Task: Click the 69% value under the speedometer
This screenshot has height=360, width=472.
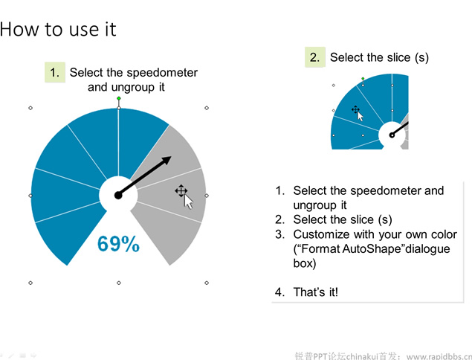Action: [x=118, y=243]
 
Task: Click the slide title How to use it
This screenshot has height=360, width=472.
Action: [x=58, y=29]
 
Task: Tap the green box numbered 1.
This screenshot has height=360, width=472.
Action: [x=55, y=72]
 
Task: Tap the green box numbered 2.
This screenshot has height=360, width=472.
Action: [x=315, y=57]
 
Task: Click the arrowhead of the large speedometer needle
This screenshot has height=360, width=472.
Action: [x=167, y=160]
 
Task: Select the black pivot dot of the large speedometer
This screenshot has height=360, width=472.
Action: [x=118, y=196]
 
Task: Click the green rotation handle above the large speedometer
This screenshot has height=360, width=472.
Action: [x=119, y=98]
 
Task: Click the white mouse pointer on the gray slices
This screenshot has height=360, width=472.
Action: [x=189, y=202]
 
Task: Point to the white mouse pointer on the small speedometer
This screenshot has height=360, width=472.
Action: [x=361, y=116]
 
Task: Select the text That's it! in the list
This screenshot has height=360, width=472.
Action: [x=316, y=292]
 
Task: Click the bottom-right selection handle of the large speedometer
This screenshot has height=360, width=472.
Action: [x=207, y=283]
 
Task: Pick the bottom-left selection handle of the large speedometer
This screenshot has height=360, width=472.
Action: [x=30, y=283]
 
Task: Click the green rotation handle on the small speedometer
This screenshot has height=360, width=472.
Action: [x=363, y=79]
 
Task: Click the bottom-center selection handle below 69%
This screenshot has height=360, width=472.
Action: [x=119, y=283]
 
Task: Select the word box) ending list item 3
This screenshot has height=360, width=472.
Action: [x=305, y=263]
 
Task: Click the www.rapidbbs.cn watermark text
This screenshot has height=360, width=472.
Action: [x=439, y=357]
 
